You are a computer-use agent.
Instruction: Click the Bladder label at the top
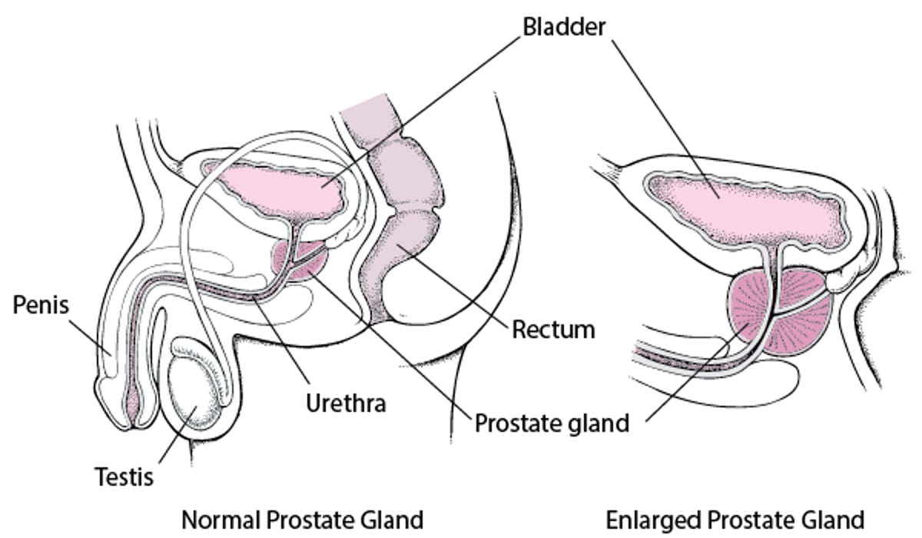pyautogui.click(x=565, y=25)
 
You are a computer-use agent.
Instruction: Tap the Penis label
pyautogui.click(x=41, y=305)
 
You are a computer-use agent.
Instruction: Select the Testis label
pyautogui.click(x=124, y=477)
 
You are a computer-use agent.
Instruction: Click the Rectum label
pyautogui.click(x=553, y=330)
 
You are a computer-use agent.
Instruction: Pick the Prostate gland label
pyautogui.click(x=552, y=422)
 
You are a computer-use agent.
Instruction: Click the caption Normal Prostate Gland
pyautogui.click(x=302, y=520)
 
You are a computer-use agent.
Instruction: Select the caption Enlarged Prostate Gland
pyautogui.click(x=735, y=520)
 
